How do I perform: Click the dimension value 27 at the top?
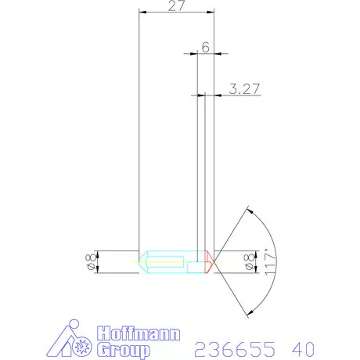(177, 5)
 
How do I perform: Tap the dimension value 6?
(206, 47)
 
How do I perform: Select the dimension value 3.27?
(244, 88)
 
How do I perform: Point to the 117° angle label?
(270, 261)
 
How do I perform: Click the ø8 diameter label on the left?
(91, 261)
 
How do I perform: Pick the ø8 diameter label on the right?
(249, 261)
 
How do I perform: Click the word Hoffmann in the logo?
(139, 333)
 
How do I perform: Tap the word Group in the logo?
(124, 350)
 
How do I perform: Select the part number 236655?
(235, 349)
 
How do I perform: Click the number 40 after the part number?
(304, 349)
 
